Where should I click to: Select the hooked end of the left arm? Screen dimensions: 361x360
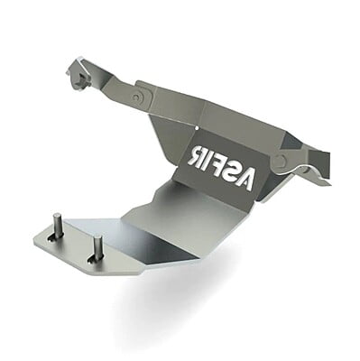78,77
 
